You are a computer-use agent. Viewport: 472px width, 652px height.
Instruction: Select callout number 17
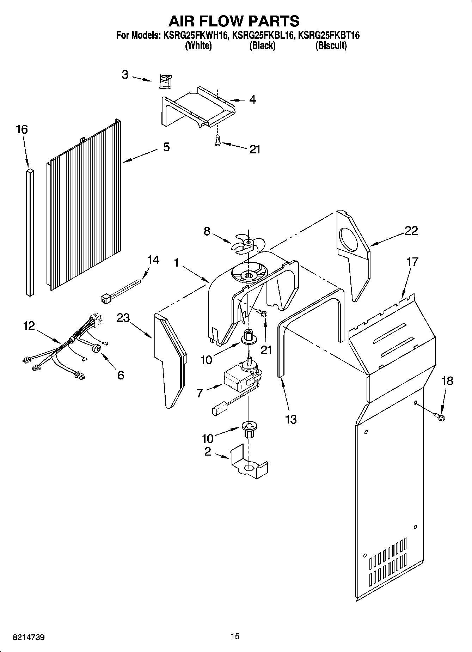[x=412, y=262]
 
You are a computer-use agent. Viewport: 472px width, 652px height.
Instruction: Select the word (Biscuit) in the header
[x=331, y=45]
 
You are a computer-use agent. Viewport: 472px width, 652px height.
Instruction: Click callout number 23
[x=123, y=318]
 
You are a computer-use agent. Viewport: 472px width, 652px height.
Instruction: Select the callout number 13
[x=291, y=419]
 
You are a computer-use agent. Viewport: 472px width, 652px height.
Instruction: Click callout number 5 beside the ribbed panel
[x=166, y=147]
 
